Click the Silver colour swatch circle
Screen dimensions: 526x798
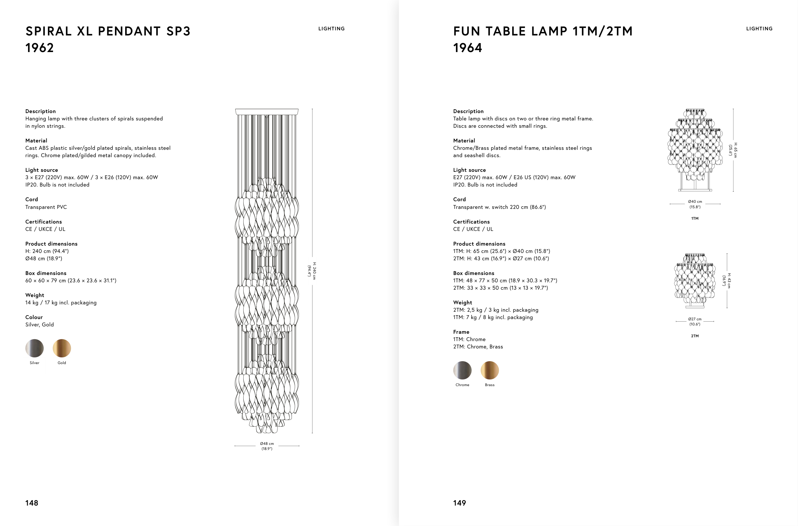click(34, 348)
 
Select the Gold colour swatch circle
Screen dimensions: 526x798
click(62, 348)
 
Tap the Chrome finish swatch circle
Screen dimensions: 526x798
click(462, 370)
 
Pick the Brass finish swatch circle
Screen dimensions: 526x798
click(490, 370)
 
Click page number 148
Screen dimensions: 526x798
click(32, 503)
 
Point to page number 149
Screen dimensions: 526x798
click(460, 503)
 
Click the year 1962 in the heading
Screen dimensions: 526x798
click(40, 48)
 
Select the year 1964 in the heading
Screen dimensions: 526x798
click(467, 48)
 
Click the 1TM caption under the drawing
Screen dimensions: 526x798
click(695, 218)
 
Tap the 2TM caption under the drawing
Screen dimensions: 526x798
click(695, 336)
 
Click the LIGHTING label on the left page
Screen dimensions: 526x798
click(331, 29)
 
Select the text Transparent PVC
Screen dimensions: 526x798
click(46, 207)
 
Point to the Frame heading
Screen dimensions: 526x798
click(461, 332)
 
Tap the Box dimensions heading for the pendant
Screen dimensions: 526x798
click(46, 273)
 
